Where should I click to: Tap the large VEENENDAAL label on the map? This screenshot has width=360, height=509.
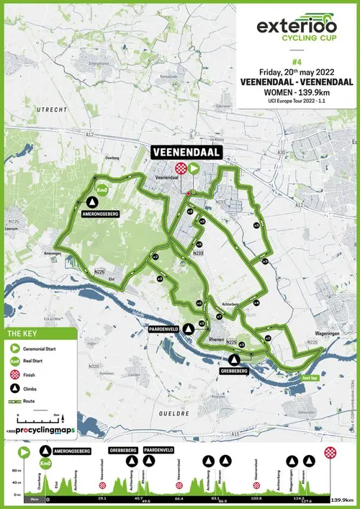184,152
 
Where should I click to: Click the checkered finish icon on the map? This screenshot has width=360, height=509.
179,167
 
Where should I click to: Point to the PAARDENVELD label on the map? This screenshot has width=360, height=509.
163,328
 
